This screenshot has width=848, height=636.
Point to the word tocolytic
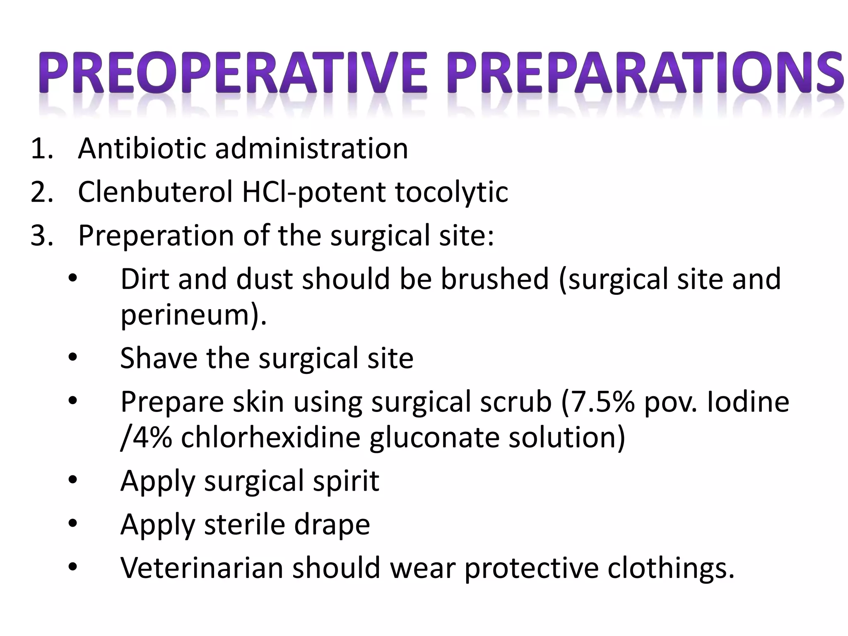(x=451, y=193)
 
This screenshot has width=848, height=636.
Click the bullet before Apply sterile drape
(x=73, y=524)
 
